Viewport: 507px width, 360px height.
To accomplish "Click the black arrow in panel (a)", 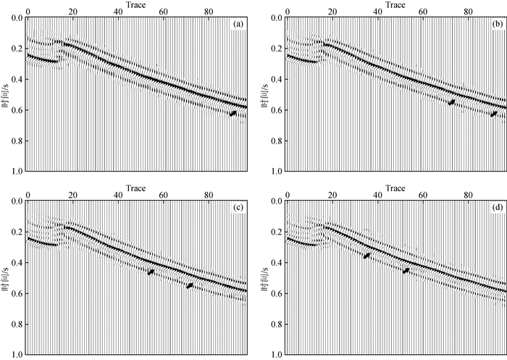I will click(232, 114).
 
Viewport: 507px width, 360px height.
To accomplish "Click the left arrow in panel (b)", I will click(451, 103).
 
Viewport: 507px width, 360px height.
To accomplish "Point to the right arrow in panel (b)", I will click(493, 114).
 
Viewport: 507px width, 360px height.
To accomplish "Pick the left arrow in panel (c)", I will click(151, 272).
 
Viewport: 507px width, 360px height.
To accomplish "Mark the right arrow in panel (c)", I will click(190, 286).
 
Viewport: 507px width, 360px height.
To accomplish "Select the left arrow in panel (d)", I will click(366, 256).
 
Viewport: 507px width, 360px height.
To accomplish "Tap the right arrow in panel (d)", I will click(406, 271).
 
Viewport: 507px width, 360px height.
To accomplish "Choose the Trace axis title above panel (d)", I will click(395, 188).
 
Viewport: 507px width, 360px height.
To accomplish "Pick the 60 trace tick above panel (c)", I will click(163, 196).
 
